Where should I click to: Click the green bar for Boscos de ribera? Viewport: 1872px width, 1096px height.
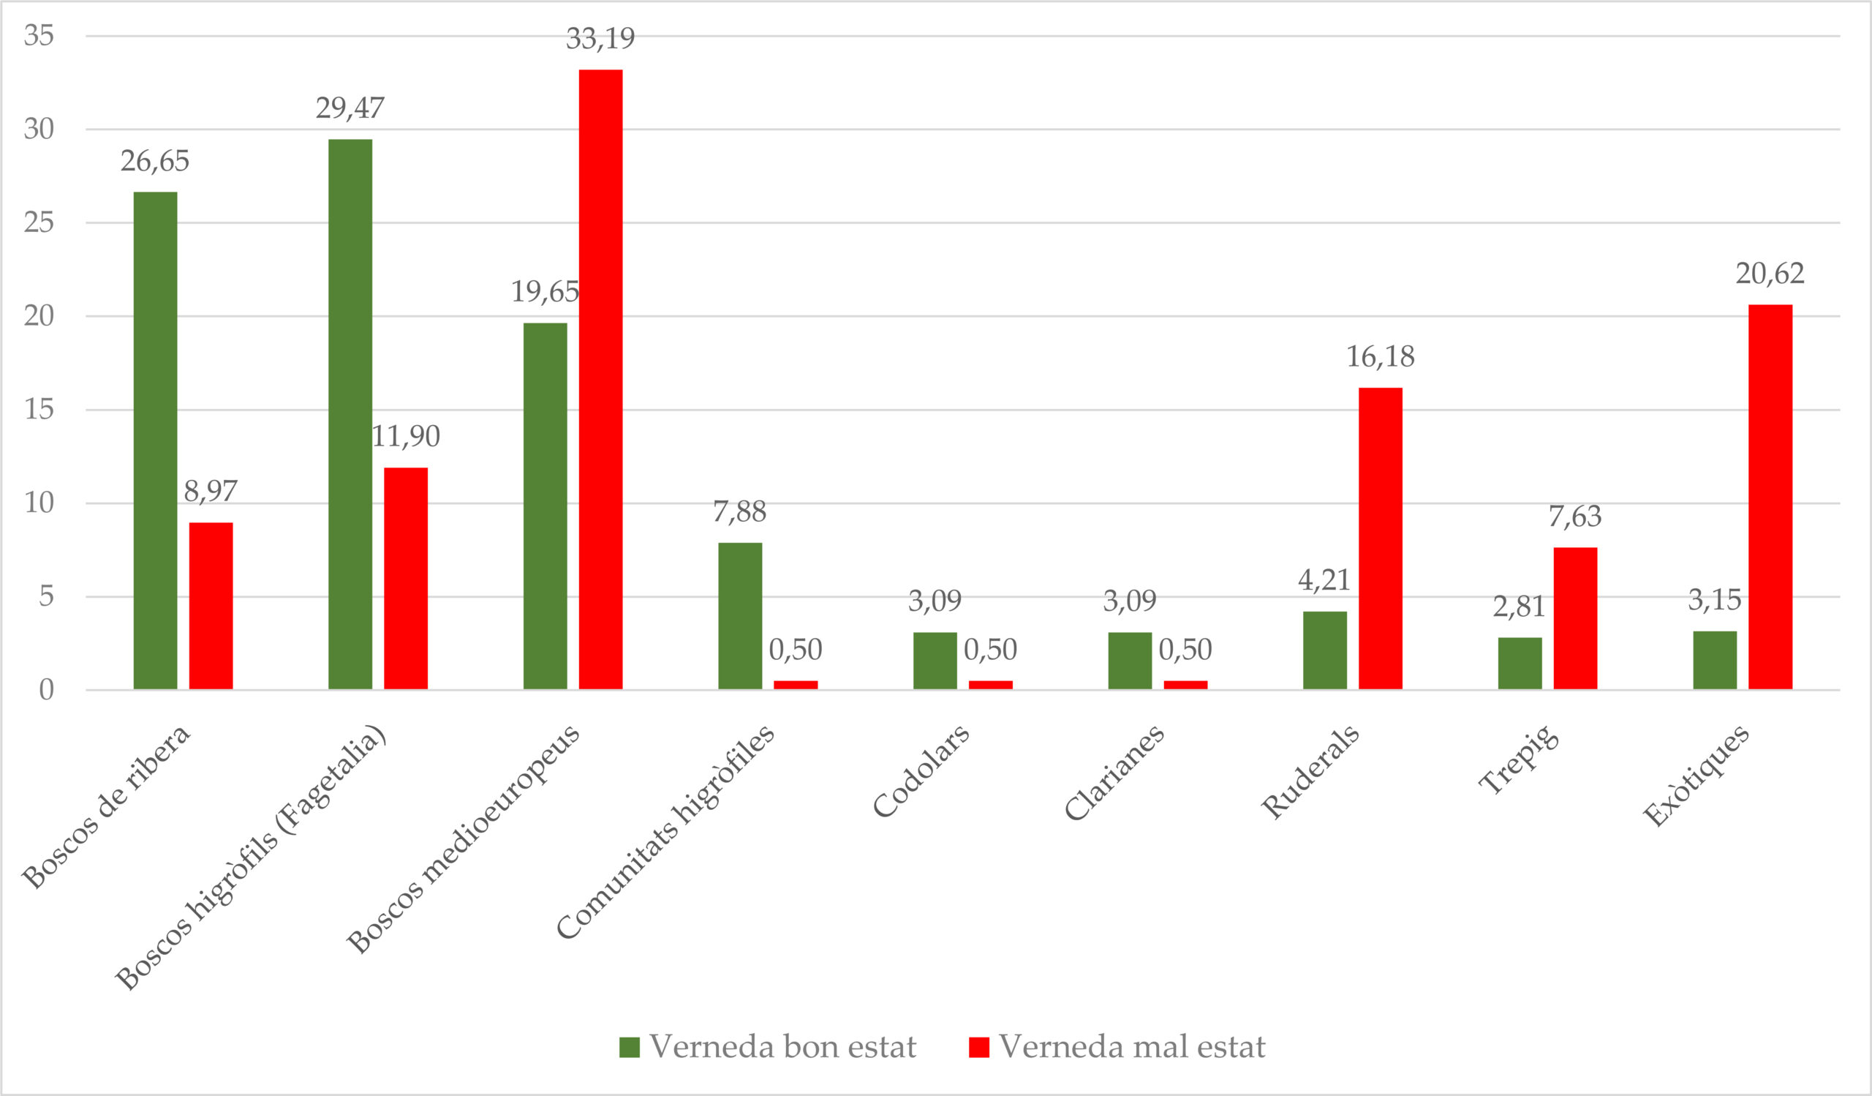[x=155, y=440]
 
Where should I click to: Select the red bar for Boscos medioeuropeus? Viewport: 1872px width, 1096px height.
[x=601, y=380]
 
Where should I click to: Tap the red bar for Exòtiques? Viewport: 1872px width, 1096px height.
[x=1770, y=497]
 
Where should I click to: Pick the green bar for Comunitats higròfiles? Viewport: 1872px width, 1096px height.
[x=740, y=616]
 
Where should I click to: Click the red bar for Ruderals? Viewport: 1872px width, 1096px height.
[x=1380, y=538]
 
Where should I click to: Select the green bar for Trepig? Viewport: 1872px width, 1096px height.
[x=1520, y=663]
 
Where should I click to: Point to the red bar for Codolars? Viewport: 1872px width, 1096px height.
[x=990, y=684]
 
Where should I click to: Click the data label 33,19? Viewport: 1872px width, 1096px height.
[x=600, y=39]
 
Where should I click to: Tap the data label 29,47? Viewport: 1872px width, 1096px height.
[x=350, y=108]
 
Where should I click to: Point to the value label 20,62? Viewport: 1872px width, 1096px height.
[x=1770, y=274]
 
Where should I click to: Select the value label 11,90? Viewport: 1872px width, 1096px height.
[x=406, y=436]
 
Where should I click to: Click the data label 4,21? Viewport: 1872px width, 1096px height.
[x=1324, y=580]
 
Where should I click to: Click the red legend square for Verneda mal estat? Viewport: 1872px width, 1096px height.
[x=979, y=1047]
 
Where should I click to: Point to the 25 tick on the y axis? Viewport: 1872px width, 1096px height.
[x=39, y=222]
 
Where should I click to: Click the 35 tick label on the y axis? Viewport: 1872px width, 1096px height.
[x=39, y=35]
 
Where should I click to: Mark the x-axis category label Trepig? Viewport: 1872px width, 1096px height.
[x=1519, y=760]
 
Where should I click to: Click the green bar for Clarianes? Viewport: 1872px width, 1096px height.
[x=1130, y=661]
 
